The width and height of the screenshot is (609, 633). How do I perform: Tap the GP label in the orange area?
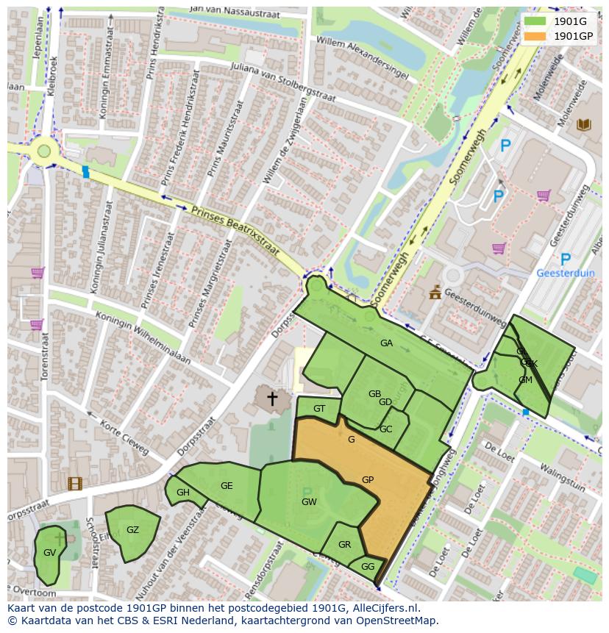click(x=368, y=480)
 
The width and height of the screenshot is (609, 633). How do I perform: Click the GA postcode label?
click(x=386, y=343)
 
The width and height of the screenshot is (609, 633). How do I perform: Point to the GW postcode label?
click(x=309, y=502)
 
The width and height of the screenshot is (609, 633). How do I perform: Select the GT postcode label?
click(x=319, y=409)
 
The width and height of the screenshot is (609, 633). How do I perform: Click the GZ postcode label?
click(x=132, y=530)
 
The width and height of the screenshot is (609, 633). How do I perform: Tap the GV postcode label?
click(x=49, y=553)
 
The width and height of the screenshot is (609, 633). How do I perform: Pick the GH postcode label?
click(x=183, y=493)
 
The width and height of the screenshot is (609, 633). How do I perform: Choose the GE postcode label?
click(x=227, y=486)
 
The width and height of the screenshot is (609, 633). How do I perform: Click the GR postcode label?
click(x=344, y=545)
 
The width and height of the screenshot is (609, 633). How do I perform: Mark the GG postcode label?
click(x=368, y=567)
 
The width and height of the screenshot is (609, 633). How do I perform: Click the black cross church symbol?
click(x=272, y=398)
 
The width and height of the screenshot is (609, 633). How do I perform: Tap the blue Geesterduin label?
click(x=566, y=273)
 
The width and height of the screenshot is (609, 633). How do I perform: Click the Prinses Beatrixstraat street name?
click(x=235, y=230)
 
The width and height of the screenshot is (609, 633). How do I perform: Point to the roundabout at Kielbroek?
click(x=44, y=151)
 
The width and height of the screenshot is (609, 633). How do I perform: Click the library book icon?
click(x=584, y=124)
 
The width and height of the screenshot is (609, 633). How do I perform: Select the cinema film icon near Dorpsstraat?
click(x=74, y=483)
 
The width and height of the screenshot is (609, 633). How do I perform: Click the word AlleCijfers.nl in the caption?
click(x=385, y=608)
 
